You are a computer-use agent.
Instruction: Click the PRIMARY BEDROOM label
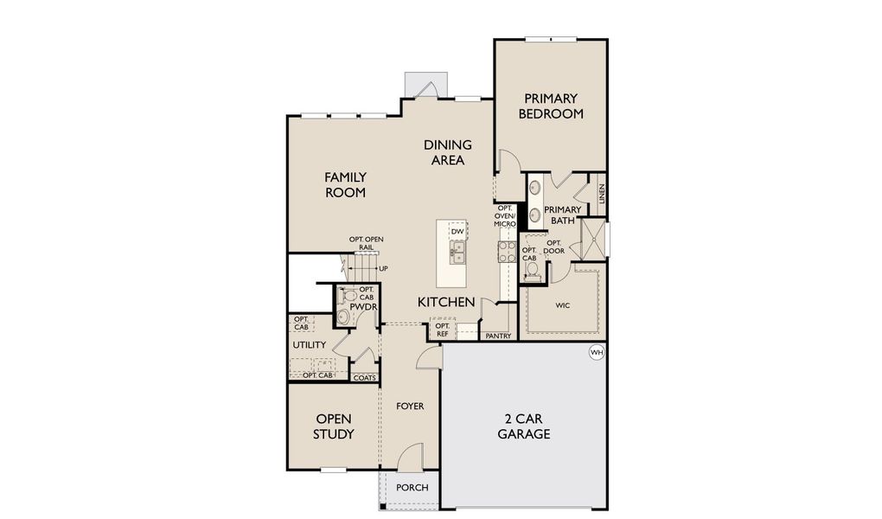coord(550,106)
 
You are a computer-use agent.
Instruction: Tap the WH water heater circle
coord(596,352)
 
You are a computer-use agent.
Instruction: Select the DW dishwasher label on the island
coord(457,232)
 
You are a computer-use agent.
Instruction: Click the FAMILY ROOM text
coord(345,184)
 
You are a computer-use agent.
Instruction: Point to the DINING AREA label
coord(447,152)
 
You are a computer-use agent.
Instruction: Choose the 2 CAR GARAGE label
coord(523,426)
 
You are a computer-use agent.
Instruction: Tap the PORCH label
coord(412,487)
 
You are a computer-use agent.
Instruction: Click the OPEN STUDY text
coord(333,426)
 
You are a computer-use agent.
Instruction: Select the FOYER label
coord(410,406)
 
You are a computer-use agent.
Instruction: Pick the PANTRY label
coord(498,336)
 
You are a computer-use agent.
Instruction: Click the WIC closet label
coord(562,305)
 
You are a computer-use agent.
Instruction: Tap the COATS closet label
coord(365,377)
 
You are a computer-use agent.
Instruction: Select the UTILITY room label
coord(309,345)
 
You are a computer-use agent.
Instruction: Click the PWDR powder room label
coord(361,305)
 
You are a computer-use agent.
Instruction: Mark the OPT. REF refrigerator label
coord(442,330)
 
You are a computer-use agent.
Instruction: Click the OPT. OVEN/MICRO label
coord(505,216)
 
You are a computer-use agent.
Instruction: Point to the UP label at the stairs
coord(383,269)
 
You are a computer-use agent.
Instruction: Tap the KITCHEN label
coord(446,302)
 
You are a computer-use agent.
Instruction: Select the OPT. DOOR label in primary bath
coord(554,247)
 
